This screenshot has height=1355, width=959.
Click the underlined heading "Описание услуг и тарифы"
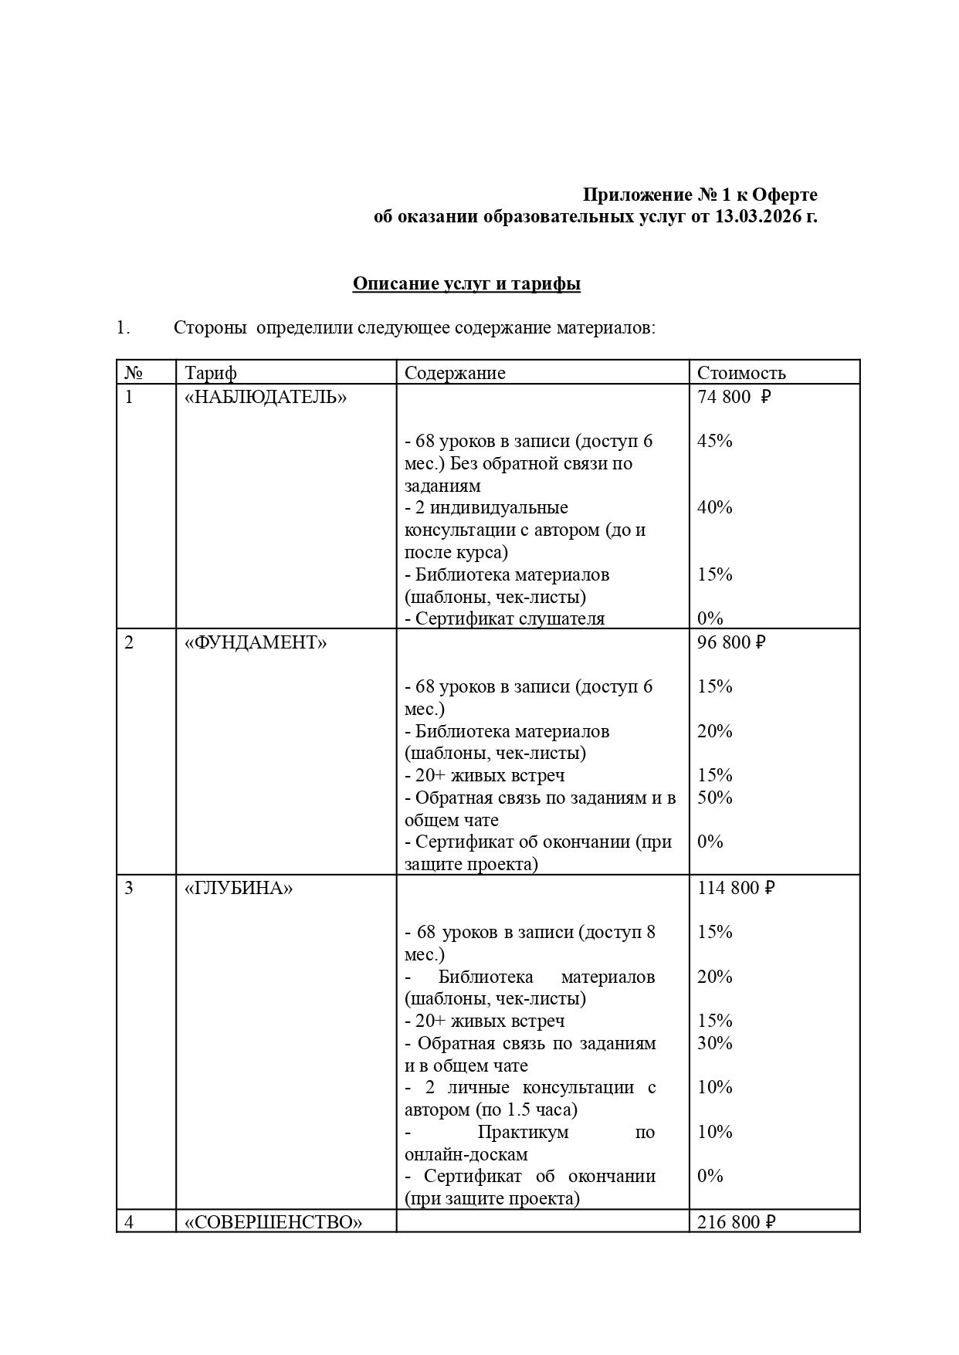(466, 284)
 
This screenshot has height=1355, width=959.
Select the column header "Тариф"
(211, 373)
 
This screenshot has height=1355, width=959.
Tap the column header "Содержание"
(455, 373)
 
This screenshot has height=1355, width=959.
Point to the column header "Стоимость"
(741, 373)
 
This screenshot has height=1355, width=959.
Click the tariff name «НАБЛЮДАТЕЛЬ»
(266, 397)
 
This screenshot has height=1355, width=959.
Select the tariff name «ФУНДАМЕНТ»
(256, 642)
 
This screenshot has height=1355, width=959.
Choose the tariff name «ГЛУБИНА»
(239, 888)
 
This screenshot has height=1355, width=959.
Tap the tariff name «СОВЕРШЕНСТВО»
(273, 1222)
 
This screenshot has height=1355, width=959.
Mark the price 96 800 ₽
(730, 642)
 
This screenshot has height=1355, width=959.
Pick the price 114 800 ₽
(735, 888)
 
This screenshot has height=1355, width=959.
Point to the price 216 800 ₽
(735, 1222)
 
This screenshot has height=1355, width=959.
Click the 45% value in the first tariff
(714, 441)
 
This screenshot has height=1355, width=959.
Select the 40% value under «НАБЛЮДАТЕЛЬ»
(714, 507)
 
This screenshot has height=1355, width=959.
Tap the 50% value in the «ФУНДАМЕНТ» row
(714, 798)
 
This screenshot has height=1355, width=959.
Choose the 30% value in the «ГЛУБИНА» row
(714, 1043)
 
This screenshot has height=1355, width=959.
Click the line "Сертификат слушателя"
(509, 618)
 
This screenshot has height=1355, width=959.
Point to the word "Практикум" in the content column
(523, 1132)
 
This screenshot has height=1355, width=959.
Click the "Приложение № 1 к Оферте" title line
(700, 195)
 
